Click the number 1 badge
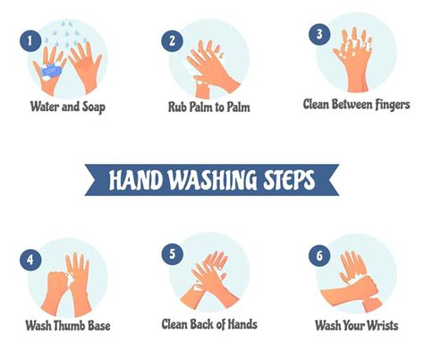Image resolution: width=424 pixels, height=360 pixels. (x=30, y=39)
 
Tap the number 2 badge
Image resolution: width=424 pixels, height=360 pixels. (x=172, y=39)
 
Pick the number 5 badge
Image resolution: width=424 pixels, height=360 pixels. (x=172, y=254)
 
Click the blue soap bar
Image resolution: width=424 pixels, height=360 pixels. (x=52, y=69)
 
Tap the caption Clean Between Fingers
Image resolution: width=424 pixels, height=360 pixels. (x=356, y=105)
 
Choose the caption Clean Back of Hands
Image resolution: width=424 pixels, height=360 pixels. (x=209, y=323)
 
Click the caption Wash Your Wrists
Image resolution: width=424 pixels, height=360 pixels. (x=356, y=325)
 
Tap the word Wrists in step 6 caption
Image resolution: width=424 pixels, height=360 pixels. (x=380, y=325)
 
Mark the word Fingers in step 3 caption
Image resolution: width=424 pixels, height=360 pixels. (x=391, y=105)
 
